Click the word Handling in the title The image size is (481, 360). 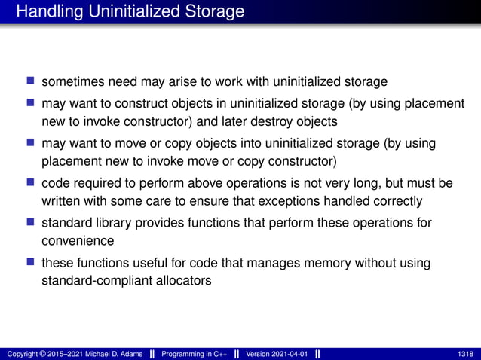(x=47, y=12)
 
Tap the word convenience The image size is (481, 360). (x=78, y=241)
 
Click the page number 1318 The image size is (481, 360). (x=466, y=354)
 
